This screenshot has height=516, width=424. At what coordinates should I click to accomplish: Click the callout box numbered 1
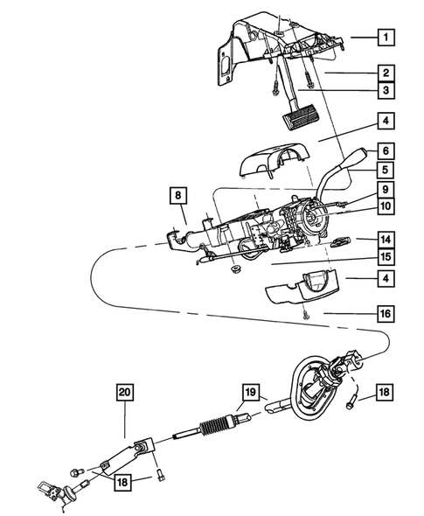386,38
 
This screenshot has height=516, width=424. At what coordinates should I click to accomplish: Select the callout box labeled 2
386,73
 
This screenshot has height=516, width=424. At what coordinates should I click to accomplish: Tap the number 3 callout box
386,90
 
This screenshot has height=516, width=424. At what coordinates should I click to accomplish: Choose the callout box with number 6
386,150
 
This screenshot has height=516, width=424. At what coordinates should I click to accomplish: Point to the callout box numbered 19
249,392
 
